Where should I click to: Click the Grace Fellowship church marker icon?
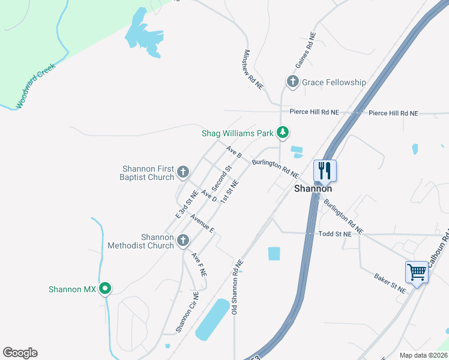[292, 82]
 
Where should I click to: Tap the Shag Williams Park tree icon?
[283, 133]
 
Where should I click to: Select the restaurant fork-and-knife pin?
[325, 170]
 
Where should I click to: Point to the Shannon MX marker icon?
[105, 289]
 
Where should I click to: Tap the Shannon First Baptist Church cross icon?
[184, 173]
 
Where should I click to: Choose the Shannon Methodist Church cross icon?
[184, 241]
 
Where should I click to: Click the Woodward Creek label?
[35, 86]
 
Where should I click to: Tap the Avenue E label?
[202, 223]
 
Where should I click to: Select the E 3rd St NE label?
[187, 204]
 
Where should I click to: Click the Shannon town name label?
[313, 188]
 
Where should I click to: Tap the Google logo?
[20, 353]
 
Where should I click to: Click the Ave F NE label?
[199, 264]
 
